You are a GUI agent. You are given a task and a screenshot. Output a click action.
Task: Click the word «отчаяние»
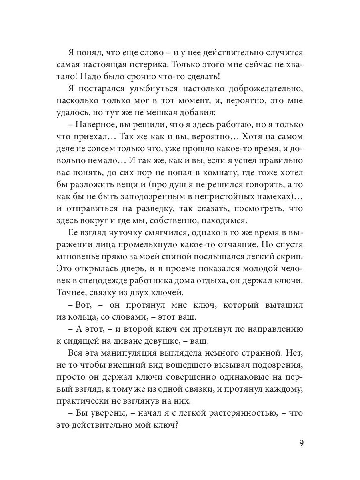pos(231,245)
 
